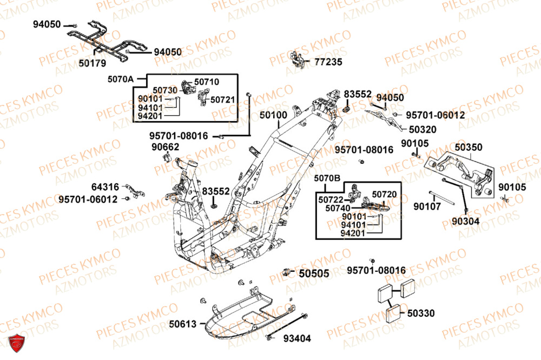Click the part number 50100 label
tap(273, 115)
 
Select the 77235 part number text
tap(328, 62)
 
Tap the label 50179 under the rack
tap(93, 63)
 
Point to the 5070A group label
tap(120, 79)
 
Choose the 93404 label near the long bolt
tap(297, 339)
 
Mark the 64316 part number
tap(105, 187)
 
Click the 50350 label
tap(469, 147)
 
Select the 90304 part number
tap(458, 222)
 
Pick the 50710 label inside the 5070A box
tap(207, 82)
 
